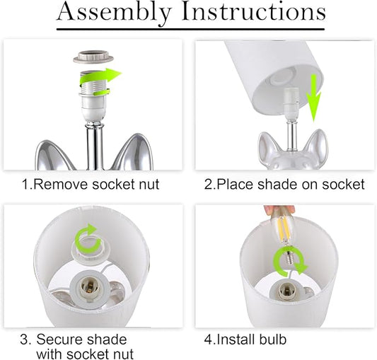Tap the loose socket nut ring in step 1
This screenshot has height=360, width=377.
coord(93,57)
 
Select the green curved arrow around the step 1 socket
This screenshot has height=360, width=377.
coord(98,79)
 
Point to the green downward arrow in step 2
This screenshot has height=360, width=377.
coord(313,98)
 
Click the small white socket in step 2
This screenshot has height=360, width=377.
coord(291,104)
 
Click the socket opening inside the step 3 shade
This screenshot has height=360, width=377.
coord(88,287)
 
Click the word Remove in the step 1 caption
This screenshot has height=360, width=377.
coord(61,185)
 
